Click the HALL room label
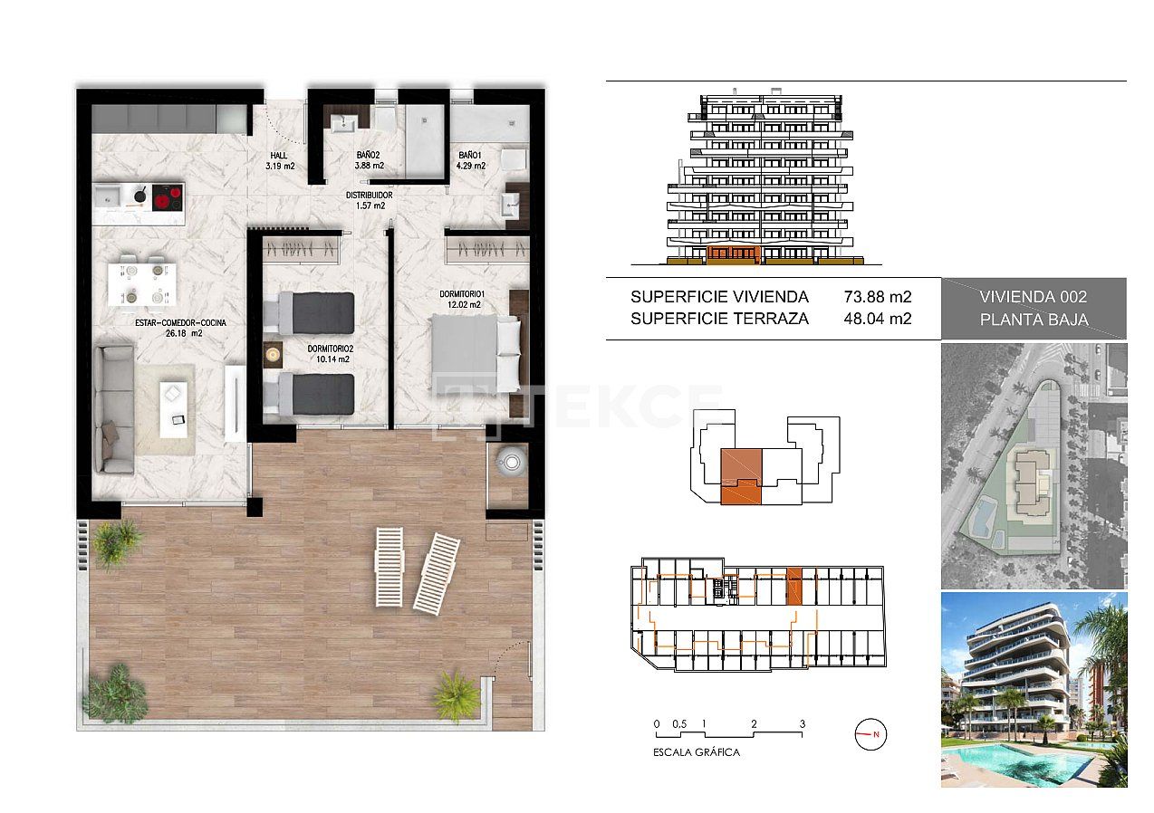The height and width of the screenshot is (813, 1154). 279,156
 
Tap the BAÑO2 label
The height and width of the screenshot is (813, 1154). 369,156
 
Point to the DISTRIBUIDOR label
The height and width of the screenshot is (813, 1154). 369,195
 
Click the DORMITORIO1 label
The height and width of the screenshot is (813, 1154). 464,294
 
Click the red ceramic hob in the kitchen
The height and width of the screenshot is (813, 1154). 166,196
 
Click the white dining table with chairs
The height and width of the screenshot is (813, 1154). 142,282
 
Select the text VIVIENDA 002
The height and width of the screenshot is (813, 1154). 1034,297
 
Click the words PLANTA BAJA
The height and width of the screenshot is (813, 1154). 1034,320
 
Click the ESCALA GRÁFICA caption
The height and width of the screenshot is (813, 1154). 697,752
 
